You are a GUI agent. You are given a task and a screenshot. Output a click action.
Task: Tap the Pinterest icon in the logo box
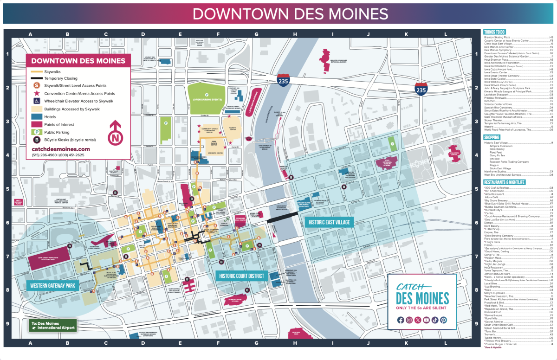pos(444,320)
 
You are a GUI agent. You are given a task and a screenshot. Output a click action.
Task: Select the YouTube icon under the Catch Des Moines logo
pos(427,320)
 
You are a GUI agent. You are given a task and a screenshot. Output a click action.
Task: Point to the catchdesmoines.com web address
pos(61,149)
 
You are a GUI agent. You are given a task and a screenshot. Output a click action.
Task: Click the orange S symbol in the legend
pos(36,86)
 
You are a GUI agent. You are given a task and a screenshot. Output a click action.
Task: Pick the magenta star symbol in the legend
pos(36,93)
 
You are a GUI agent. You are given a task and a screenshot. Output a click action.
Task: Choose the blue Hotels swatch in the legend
pos(36,117)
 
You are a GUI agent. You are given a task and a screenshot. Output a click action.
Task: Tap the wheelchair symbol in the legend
pos(36,101)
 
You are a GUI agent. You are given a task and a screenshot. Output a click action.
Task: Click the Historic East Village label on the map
pos(329,222)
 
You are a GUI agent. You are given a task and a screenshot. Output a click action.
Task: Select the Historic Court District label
pos(241,276)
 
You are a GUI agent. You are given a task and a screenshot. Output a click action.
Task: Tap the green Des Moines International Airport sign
pos(52,325)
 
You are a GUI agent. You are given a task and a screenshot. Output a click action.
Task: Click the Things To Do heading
pos(494,32)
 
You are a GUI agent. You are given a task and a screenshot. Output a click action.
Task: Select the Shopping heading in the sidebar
pos(492,138)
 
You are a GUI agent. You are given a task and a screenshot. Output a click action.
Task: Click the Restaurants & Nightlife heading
pos(504,182)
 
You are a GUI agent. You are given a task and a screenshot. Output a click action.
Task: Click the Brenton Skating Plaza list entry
pos(497,37)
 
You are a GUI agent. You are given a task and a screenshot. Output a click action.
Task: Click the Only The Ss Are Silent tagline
pos(422,308)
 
